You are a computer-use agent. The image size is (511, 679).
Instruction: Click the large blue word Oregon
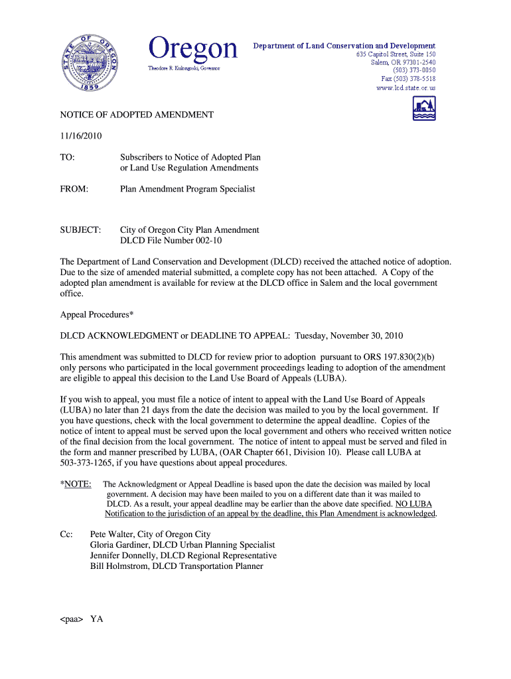(x=193, y=49)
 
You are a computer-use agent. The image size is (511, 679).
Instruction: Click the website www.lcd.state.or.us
(x=405, y=88)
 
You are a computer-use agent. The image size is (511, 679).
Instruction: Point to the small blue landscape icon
(x=424, y=108)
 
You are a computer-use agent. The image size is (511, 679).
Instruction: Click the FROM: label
(x=74, y=189)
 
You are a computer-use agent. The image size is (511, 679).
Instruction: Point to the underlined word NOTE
(x=78, y=484)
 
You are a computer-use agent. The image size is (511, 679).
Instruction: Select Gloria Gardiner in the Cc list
(x=119, y=545)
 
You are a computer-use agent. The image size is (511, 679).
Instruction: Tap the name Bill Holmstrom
(x=118, y=566)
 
